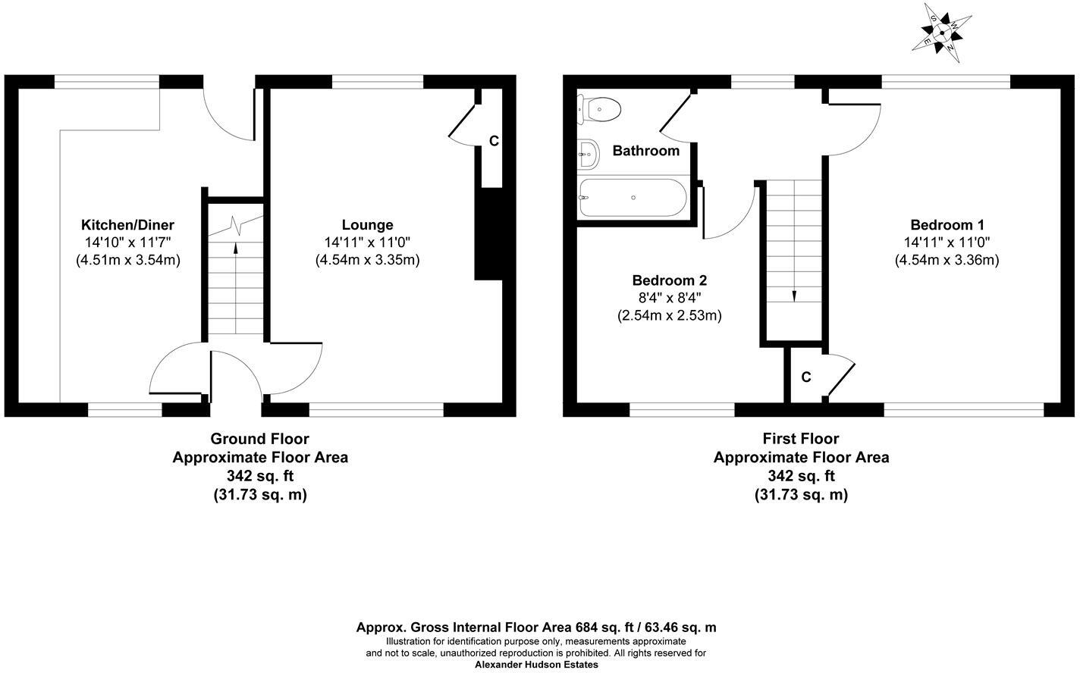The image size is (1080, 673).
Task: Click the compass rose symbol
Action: click(x=941, y=32)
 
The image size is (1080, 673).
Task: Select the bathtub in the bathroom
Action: click(x=633, y=198)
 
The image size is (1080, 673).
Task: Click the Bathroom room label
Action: click(x=645, y=151)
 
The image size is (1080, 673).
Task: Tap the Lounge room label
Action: click(x=367, y=225)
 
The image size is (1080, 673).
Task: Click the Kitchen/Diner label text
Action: click(x=127, y=225)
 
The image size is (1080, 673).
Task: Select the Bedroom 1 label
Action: click(x=947, y=225)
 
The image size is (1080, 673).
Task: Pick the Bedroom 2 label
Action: click(x=669, y=280)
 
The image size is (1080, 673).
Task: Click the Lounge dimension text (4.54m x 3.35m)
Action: click(x=367, y=260)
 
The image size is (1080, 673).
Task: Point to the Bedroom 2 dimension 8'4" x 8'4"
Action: click(x=669, y=297)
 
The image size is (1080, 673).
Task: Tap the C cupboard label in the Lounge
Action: click(x=494, y=141)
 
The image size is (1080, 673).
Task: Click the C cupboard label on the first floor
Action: click(x=806, y=377)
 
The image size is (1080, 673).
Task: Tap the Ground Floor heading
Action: click(x=259, y=439)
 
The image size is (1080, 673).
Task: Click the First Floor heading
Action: click(x=800, y=439)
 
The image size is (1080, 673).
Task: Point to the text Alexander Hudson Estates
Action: click(x=536, y=665)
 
